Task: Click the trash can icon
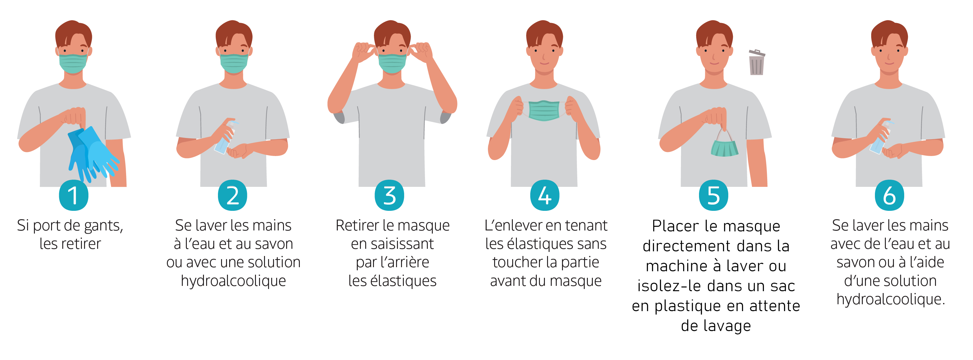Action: tap(757, 62)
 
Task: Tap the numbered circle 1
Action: tap(74, 195)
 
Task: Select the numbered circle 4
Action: tap(545, 195)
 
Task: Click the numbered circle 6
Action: tap(890, 195)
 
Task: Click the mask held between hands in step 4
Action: tap(544, 110)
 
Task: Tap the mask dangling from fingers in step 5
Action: tap(725, 144)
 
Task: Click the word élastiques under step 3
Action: tap(404, 281)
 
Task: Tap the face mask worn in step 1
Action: tap(73, 64)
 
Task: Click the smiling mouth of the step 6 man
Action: tap(890, 63)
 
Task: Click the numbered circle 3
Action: tap(390, 195)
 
